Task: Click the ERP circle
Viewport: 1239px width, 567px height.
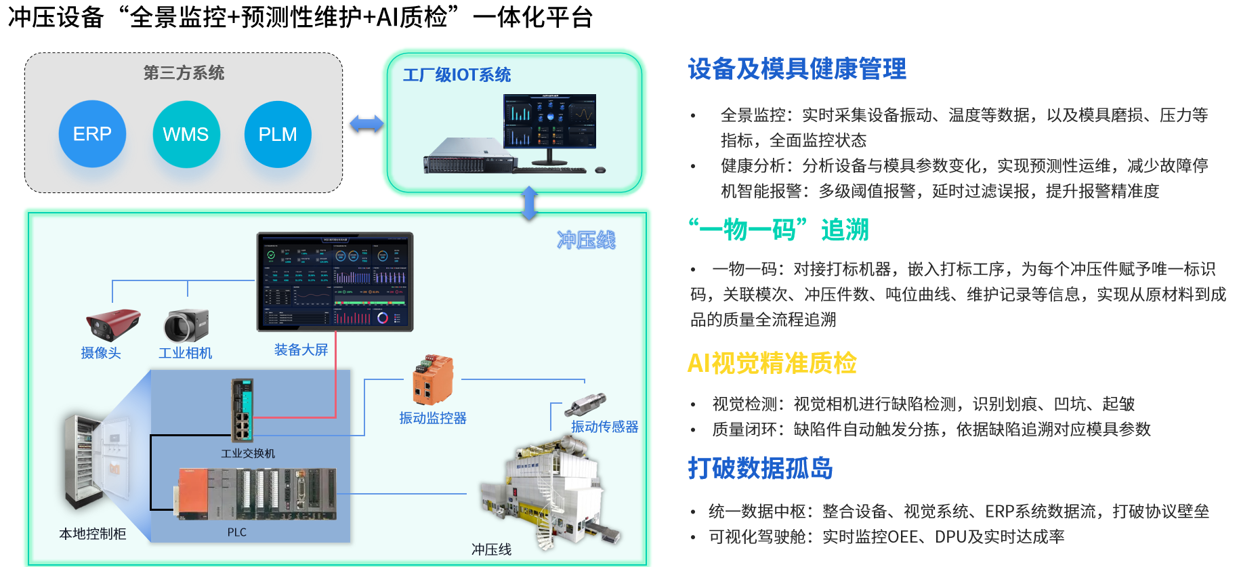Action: (x=92, y=134)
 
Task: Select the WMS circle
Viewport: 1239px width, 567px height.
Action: (x=186, y=134)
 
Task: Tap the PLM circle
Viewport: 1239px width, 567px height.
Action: (x=278, y=134)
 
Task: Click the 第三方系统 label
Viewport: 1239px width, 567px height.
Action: (x=184, y=73)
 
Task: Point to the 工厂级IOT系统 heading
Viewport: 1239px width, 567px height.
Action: (x=457, y=75)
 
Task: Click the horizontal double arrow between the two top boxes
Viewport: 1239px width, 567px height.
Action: (x=366, y=124)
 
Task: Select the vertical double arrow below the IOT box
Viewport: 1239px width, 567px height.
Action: (x=530, y=203)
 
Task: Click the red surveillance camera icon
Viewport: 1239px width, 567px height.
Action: (x=112, y=324)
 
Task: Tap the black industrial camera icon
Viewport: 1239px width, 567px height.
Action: (x=186, y=325)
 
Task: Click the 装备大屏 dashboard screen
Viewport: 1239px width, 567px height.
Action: (x=335, y=282)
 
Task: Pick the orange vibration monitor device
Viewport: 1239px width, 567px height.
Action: (x=432, y=379)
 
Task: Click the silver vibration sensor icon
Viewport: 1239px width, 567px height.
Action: (x=587, y=404)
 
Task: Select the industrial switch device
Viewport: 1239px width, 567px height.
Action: (x=242, y=411)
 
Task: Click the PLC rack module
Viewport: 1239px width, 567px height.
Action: (x=256, y=494)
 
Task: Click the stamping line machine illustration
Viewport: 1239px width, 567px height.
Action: (x=549, y=495)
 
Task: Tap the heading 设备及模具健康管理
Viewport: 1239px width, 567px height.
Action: (x=797, y=69)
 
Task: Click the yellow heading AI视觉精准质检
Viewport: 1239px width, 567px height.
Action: (x=772, y=364)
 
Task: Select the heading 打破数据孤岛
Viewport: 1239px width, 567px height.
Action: (x=760, y=468)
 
